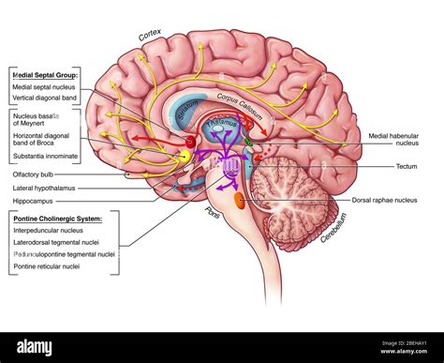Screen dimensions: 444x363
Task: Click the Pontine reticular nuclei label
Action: pyautogui.click(x=47, y=265)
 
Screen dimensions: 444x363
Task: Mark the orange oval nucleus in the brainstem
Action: pyautogui.click(x=239, y=200)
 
